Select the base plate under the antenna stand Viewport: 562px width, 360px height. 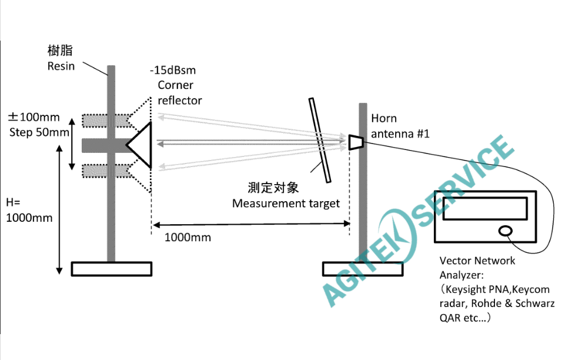coord(362,269)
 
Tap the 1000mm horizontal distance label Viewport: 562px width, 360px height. coord(188,238)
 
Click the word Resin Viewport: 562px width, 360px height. coord(61,66)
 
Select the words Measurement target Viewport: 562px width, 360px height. coord(286,204)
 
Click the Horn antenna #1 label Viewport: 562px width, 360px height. coord(400,126)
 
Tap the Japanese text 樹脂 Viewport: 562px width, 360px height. coord(61,51)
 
